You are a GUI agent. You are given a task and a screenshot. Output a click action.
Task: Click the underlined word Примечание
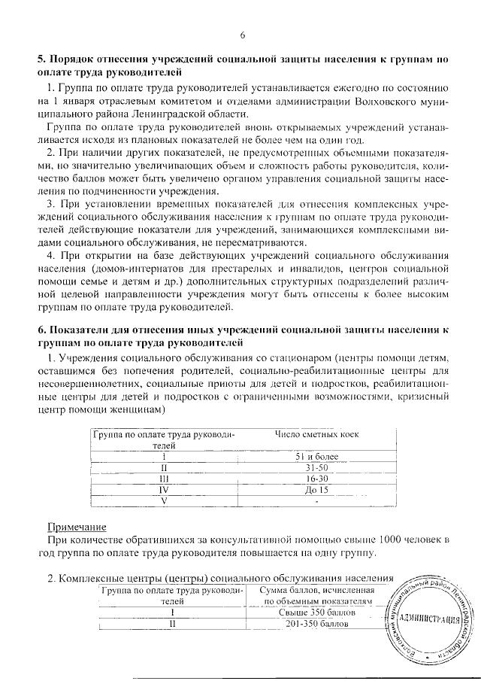77,526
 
